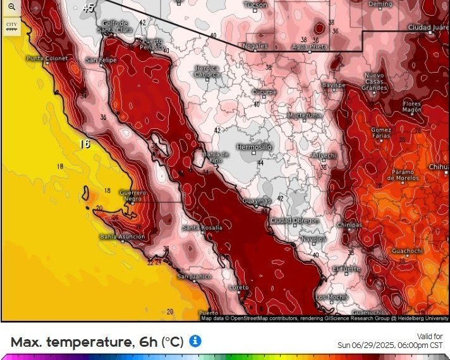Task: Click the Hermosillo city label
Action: tap(253, 146)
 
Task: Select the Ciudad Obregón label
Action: tap(294, 220)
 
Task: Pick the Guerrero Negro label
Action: tap(133, 195)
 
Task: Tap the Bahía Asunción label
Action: tap(122, 237)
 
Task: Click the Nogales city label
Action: tap(255, 46)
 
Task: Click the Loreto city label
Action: tap(239, 287)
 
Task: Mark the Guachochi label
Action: tap(407, 251)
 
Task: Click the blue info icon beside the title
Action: tap(196, 341)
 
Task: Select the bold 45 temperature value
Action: tap(88, 8)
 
